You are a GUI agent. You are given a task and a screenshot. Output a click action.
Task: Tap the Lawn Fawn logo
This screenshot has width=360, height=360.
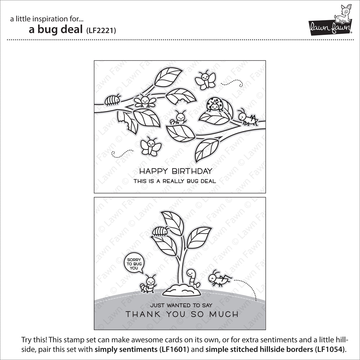[331, 20]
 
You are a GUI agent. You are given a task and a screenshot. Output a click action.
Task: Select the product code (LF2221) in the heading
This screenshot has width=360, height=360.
[101, 31]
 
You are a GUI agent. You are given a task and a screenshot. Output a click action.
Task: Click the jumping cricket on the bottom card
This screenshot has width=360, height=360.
[220, 278]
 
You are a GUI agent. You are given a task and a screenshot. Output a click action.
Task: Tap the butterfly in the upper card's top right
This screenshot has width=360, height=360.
[205, 79]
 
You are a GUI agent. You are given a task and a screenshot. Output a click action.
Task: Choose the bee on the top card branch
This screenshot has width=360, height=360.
[145, 101]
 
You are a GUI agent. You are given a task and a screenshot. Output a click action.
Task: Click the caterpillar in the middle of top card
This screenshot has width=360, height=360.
[179, 118]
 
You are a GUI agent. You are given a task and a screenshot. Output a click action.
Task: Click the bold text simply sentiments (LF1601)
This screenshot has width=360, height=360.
[142, 349]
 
